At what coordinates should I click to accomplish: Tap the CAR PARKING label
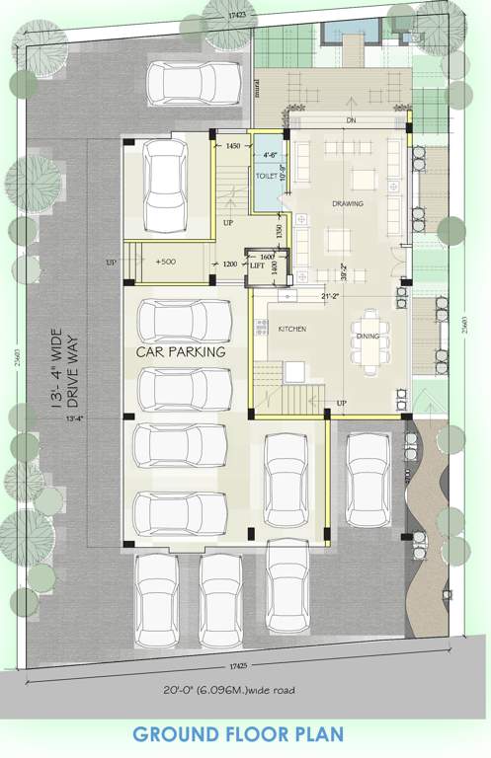182,350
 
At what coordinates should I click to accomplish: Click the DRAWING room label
347,204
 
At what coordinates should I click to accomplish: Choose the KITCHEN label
291,328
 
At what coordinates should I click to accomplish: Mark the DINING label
368,335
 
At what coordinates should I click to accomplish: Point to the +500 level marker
164,263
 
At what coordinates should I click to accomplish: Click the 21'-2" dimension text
330,295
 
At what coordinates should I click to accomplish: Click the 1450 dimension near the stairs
233,146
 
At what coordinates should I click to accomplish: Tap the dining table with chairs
368,341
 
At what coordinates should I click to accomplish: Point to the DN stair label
350,121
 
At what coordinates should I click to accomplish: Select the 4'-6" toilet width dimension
269,154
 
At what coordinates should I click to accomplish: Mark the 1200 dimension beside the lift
229,265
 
